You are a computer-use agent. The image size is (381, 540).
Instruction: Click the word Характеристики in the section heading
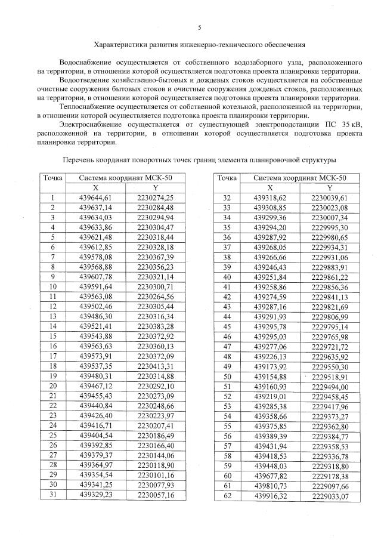(123, 44)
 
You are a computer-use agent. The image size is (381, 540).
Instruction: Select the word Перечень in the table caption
(80, 160)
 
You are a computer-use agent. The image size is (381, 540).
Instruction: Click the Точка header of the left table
(53, 178)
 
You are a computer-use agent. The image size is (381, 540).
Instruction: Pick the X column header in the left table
(104, 187)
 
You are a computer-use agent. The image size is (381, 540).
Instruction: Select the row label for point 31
(53, 495)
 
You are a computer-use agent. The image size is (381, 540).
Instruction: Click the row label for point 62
(227, 495)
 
